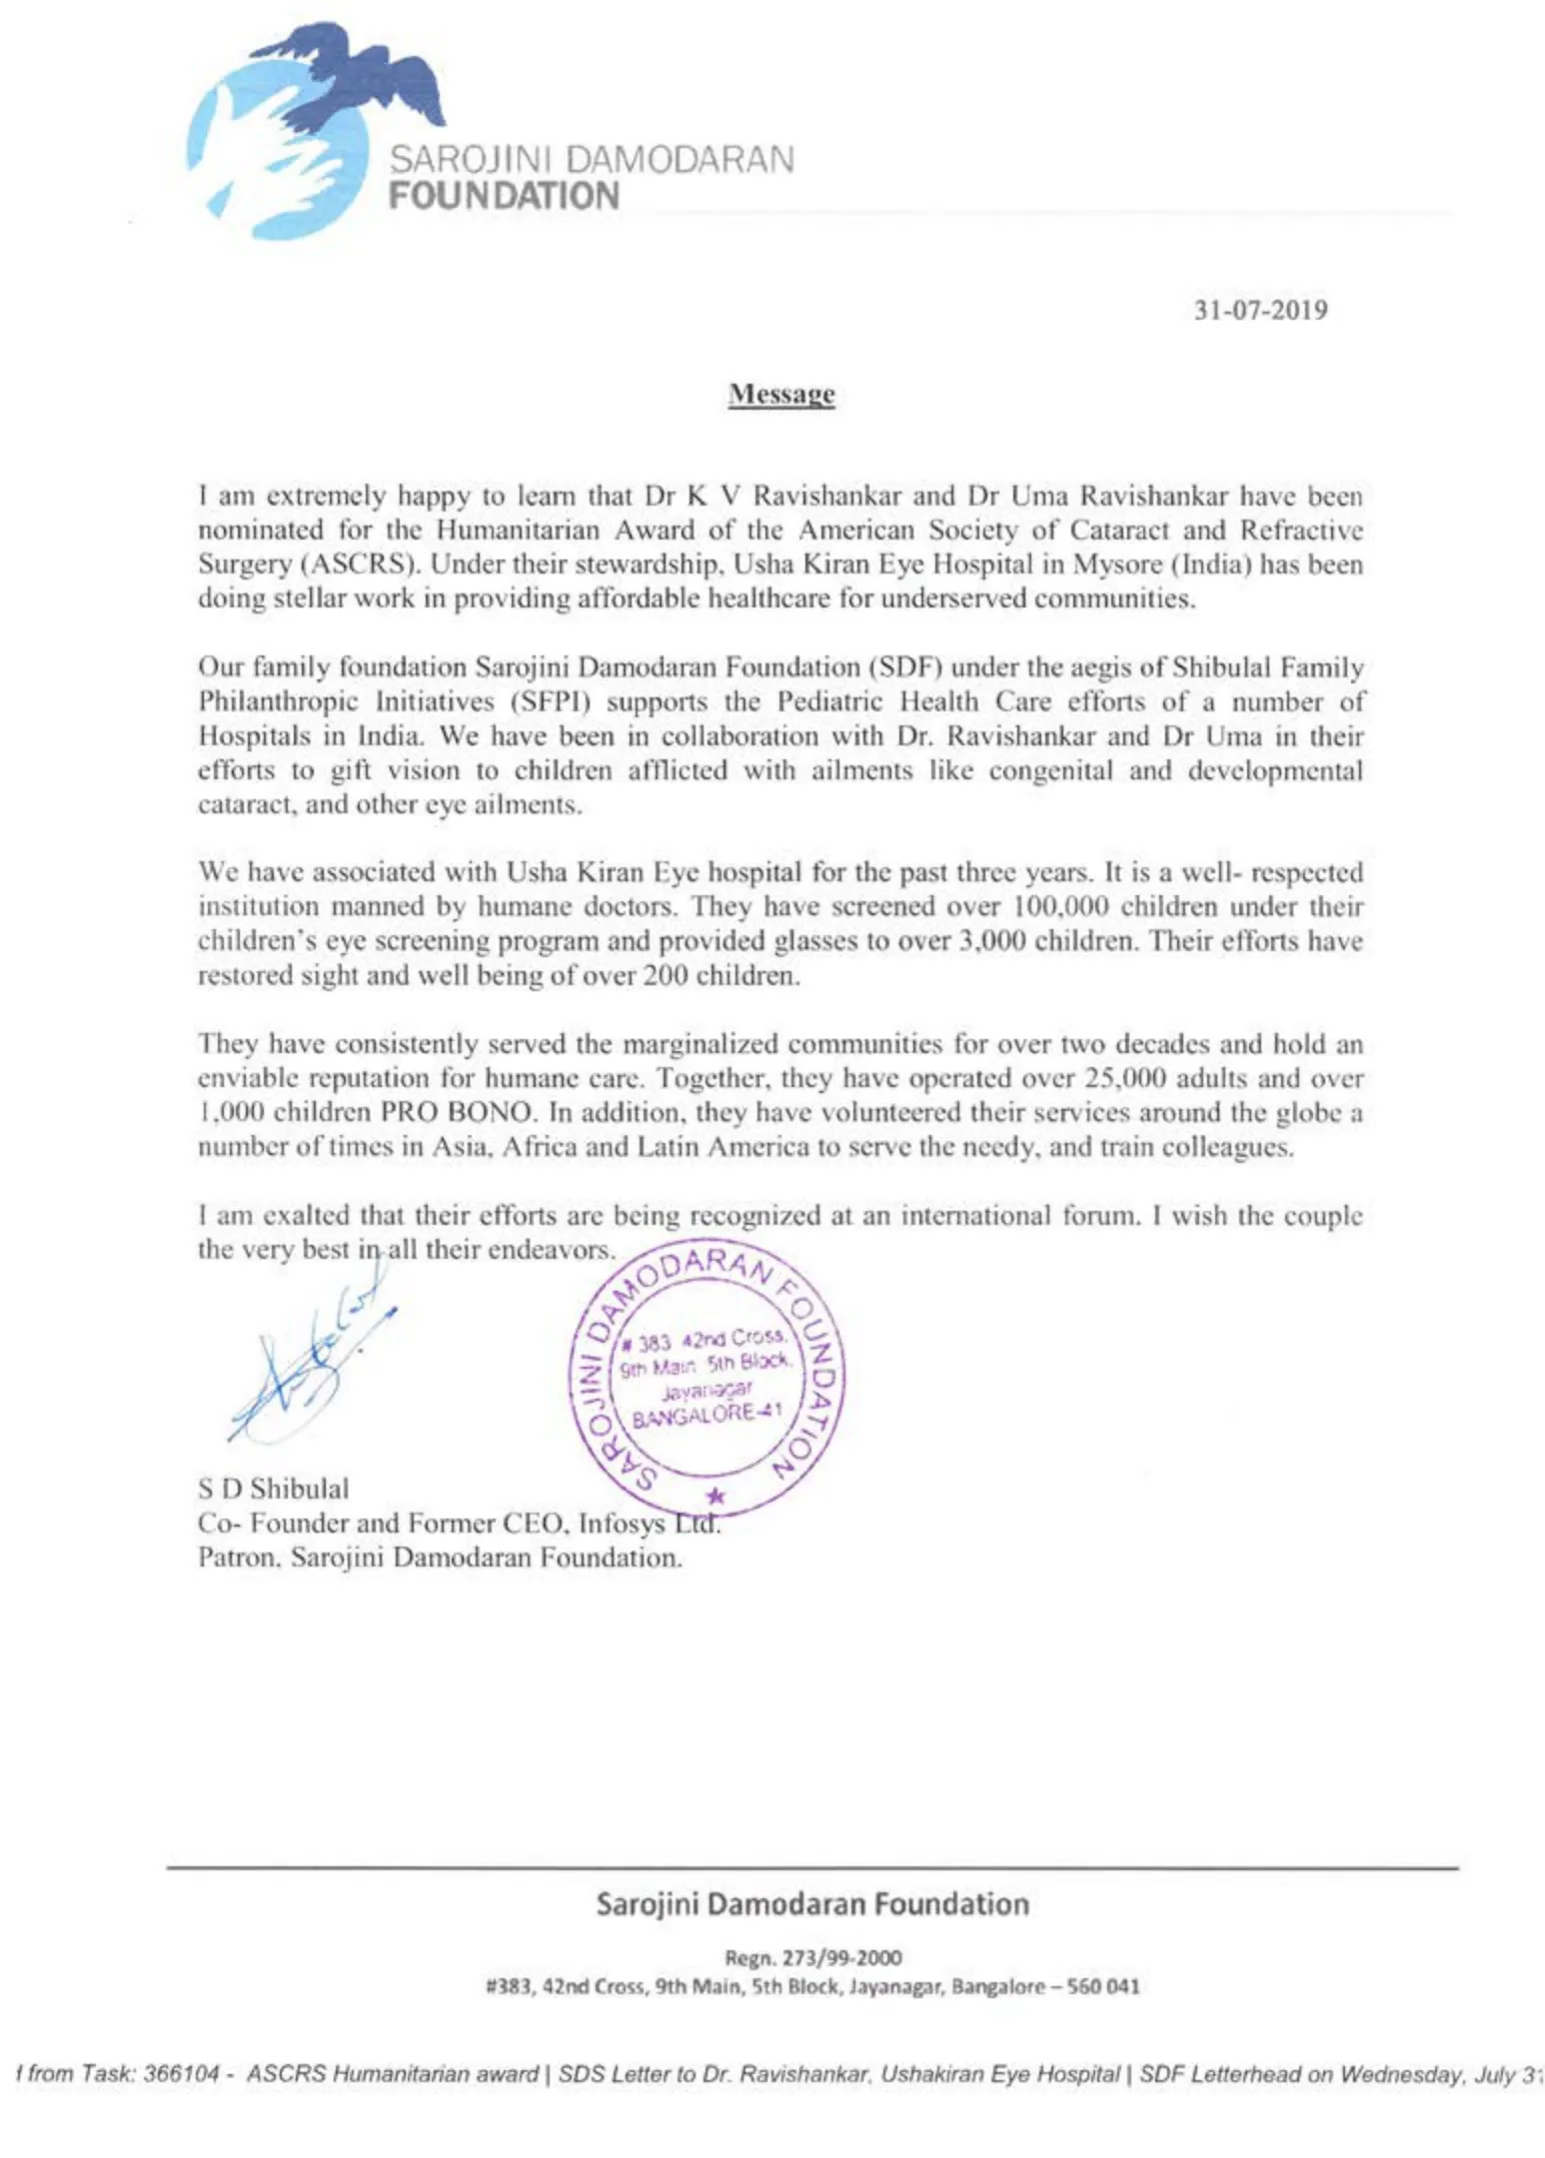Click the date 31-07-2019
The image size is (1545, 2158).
(1260, 310)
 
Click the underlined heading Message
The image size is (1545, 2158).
(780, 394)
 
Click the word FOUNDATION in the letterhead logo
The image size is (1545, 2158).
(504, 195)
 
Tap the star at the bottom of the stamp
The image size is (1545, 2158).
(716, 1497)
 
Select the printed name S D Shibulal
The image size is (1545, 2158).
(273, 1489)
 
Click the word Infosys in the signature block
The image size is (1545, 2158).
(621, 1524)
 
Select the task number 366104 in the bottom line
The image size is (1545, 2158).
(181, 2074)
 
